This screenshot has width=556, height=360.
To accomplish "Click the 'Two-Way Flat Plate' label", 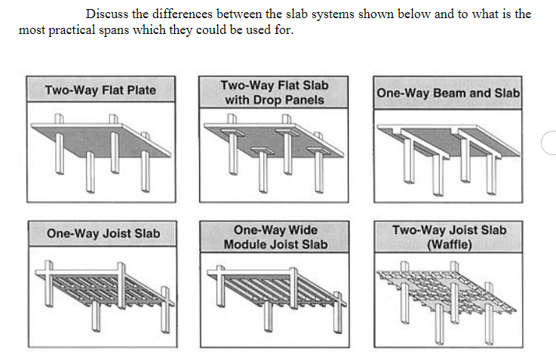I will (100, 90).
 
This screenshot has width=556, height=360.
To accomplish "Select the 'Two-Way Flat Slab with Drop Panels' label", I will (275, 91).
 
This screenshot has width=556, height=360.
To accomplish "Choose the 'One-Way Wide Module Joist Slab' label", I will (275, 237).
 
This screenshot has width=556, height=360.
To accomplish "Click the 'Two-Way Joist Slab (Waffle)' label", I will (449, 237).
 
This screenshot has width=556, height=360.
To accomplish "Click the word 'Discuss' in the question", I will (106, 14).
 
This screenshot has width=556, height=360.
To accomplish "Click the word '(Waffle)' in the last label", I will (449, 245).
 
